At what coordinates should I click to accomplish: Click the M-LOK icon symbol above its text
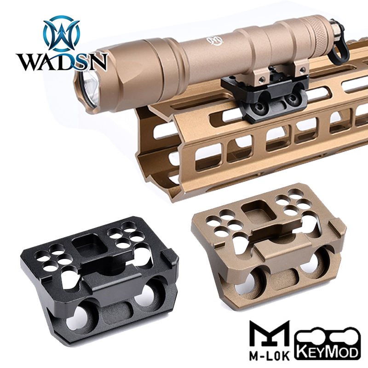click(x=268, y=332)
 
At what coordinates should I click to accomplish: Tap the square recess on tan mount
click(x=256, y=211)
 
